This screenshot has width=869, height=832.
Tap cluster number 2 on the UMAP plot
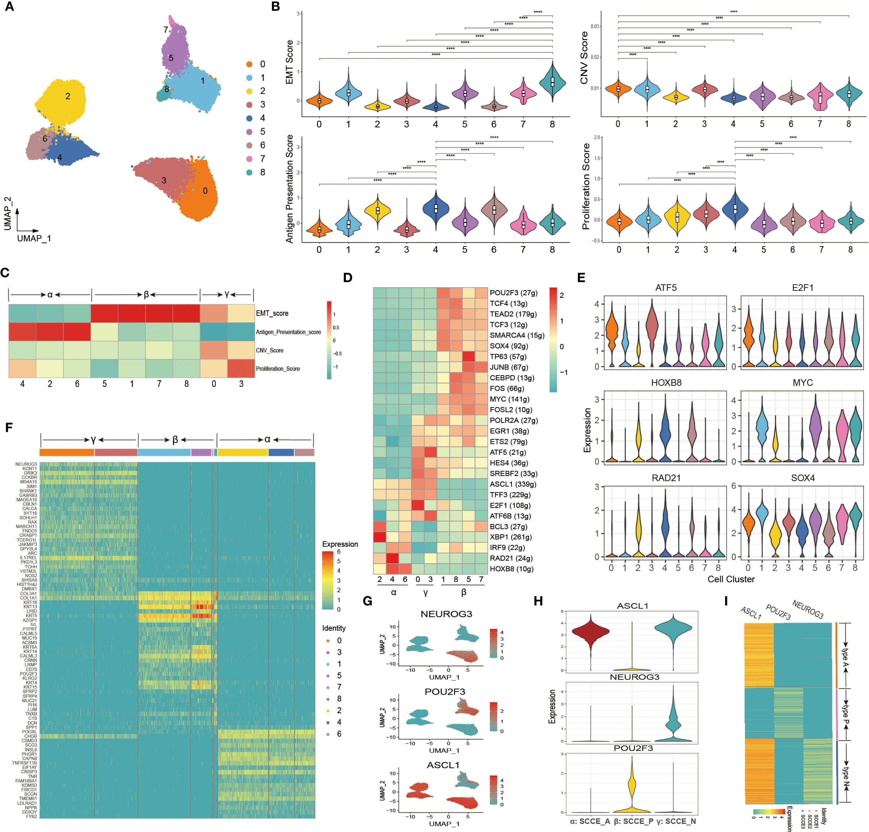(67, 96)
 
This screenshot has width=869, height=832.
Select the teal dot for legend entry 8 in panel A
(250, 172)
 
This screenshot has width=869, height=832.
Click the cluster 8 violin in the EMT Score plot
(552, 82)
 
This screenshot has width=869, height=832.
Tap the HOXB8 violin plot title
(666, 383)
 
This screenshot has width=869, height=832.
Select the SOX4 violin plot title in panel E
(802, 478)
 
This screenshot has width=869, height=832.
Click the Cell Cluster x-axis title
(731, 579)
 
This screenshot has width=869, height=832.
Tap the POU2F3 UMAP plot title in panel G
(445, 692)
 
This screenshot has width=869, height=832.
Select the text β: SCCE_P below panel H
(633, 821)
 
